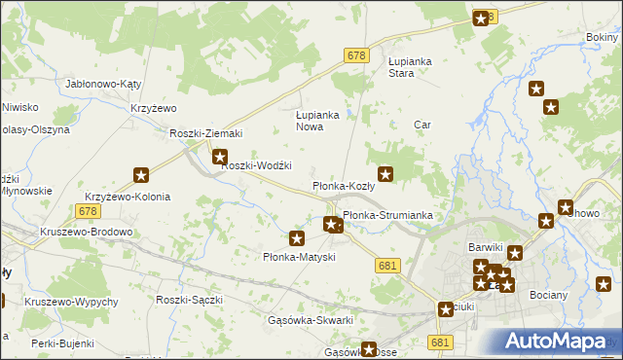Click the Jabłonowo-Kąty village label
pos(103,85)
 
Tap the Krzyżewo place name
pos(152,108)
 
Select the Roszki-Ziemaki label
pos(205,133)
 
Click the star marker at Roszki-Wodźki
pos(220,156)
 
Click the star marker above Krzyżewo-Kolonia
pos(141,176)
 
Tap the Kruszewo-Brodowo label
pos(87,233)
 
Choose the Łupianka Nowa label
pos(316,121)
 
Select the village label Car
pos(422,125)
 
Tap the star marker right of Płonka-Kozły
pos(385,175)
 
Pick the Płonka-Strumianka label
pos(387,215)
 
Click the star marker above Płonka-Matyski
pos(297,238)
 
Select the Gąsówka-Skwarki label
pos(310,319)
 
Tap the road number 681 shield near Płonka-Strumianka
pos(387,266)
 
